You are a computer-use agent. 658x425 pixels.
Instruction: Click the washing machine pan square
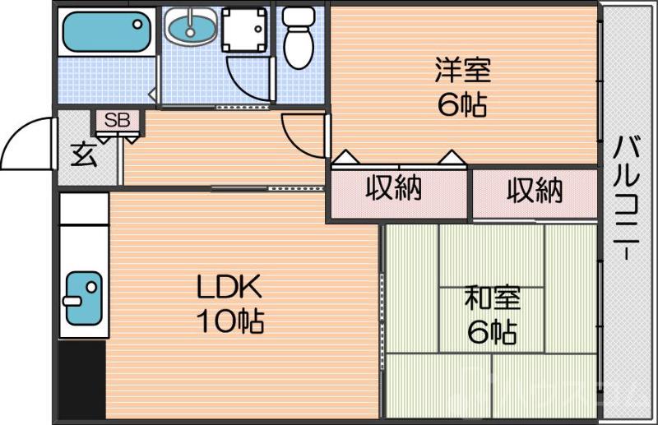[x=244, y=31]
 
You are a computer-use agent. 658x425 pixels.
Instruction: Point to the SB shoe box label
[x=116, y=121]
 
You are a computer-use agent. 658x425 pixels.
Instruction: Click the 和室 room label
[x=491, y=298]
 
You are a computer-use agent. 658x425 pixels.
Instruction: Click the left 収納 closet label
[x=393, y=189]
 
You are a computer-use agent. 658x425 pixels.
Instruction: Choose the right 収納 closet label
[x=534, y=191]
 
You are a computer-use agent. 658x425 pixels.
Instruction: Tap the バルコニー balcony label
[x=627, y=198]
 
